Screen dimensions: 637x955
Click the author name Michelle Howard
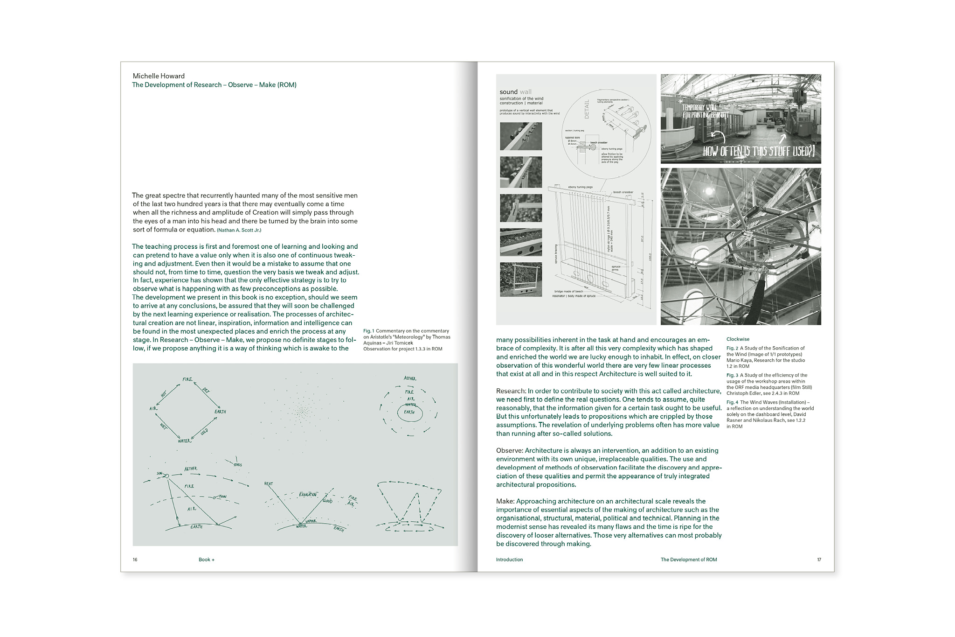point(159,76)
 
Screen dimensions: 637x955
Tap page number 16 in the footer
point(135,560)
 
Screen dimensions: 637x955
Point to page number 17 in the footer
point(819,560)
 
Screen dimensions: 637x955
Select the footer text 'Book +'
point(207,560)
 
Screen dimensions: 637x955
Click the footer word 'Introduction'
point(509,560)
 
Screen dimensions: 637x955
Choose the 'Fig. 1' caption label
point(368,331)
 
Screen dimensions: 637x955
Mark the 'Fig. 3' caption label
point(732,375)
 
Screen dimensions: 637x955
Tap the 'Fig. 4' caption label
point(732,402)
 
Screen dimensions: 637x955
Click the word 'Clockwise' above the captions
point(738,339)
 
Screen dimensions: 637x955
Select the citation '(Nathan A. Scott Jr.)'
point(239,230)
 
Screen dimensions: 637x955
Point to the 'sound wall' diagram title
point(515,92)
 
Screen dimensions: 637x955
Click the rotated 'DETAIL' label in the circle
point(587,109)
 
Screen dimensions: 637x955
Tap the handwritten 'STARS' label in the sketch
point(237,464)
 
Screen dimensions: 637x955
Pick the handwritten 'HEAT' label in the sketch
point(269,483)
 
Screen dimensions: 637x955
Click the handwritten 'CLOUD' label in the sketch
point(327,501)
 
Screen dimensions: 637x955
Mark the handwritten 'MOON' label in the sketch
point(222,497)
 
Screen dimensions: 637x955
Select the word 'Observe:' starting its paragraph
point(510,450)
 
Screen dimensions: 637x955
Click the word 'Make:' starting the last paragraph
point(505,501)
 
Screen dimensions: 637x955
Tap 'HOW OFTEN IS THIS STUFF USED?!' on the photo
point(759,151)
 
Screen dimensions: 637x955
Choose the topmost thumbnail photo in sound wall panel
point(521,136)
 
